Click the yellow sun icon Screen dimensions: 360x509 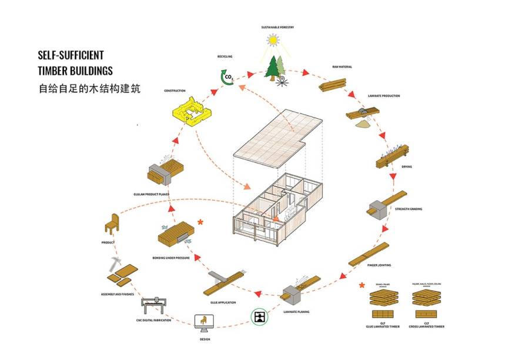[272, 39]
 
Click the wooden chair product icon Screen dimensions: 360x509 [111, 224]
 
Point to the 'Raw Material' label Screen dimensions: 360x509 [342, 67]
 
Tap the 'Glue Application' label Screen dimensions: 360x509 [223, 302]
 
